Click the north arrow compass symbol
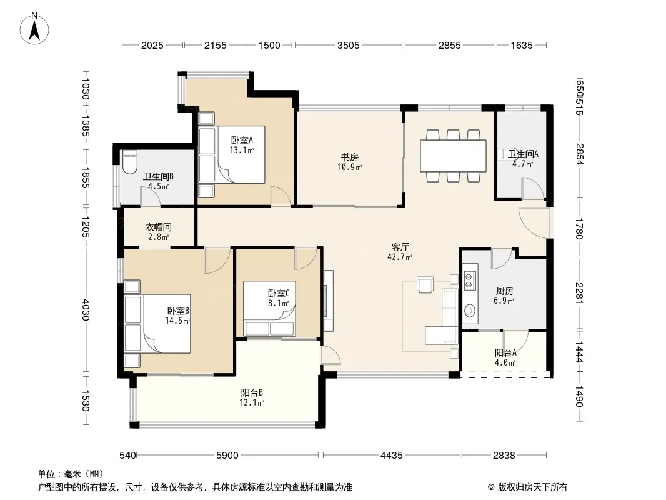(34, 29)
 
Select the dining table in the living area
(453, 156)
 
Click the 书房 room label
(350, 157)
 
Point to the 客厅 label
(400, 247)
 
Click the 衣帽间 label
(159, 227)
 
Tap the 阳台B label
(252, 392)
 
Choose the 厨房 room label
(504, 291)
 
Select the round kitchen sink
(469, 311)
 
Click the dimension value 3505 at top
(348, 45)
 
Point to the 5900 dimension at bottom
(227, 456)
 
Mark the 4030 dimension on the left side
(86, 310)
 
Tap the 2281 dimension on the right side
(580, 293)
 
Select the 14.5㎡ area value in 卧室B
(177, 321)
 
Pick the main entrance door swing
(534, 222)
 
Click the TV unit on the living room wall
(327, 301)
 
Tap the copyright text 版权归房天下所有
(532, 487)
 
